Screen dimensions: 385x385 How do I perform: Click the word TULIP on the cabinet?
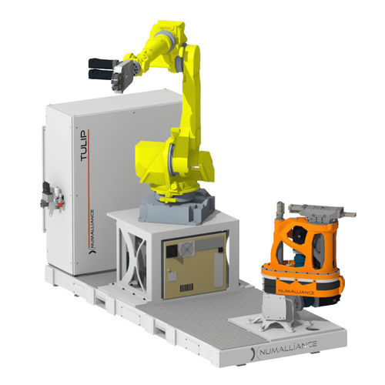tap(84, 146)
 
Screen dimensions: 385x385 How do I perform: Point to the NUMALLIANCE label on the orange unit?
tap(296, 292)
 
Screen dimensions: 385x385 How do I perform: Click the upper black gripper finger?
tap(102, 63)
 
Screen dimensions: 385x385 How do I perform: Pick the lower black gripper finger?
tap(101, 75)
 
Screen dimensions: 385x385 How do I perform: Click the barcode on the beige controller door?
tap(186, 288)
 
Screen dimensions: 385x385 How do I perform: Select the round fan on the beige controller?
tap(186, 248)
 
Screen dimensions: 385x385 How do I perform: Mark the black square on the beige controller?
tap(172, 250)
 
